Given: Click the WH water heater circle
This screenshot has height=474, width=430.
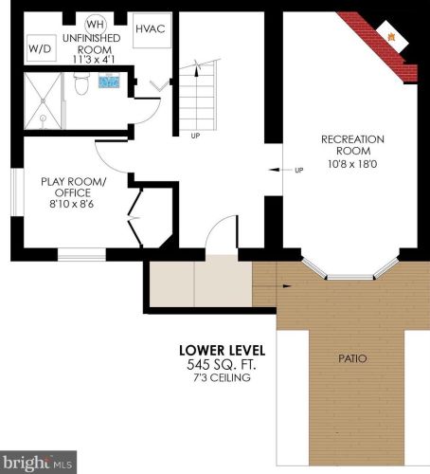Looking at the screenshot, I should click(95, 24).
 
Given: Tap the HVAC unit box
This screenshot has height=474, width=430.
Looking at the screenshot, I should click(150, 29).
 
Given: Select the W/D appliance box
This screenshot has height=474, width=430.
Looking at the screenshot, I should click(40, 48).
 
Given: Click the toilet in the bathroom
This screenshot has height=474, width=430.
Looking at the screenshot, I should click(81, 85).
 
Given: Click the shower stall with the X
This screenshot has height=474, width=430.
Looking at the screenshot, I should click(44, 100).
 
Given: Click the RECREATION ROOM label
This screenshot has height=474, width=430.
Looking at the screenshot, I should click(351, 145).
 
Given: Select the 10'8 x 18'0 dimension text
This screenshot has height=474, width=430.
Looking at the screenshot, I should click(351, 162).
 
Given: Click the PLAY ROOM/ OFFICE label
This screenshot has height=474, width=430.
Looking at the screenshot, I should click(73, 187).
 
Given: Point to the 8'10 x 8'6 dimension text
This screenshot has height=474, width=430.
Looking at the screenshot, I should click(73, 203).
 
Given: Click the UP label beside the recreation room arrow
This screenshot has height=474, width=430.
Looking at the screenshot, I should click(299, 171).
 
